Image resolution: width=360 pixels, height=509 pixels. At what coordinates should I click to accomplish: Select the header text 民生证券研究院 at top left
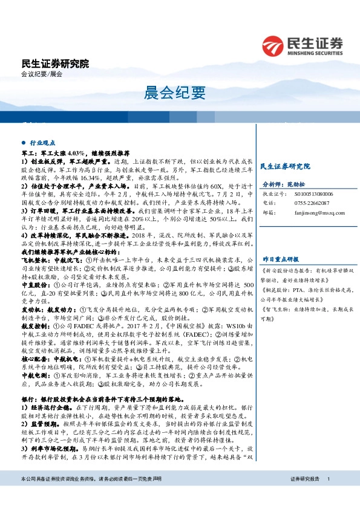coord(54,64)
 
